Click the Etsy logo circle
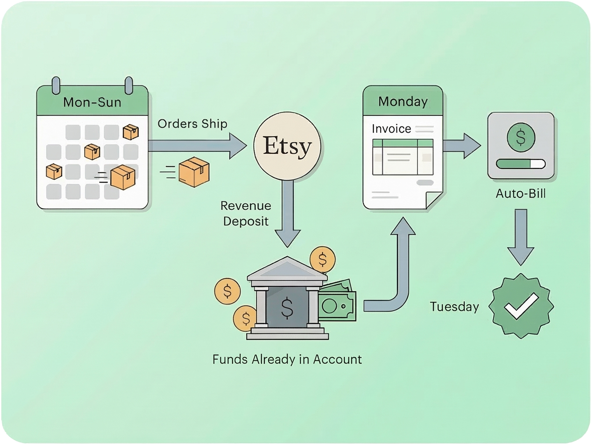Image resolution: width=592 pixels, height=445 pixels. [x=288, y=146]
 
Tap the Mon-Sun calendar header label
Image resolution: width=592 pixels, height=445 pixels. [x=92, y=102]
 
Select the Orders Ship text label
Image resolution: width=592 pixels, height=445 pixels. [x=192, y=124]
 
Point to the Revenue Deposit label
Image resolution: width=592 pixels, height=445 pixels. [x=246, y=213]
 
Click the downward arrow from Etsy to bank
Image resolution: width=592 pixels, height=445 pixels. [x=288, y=211]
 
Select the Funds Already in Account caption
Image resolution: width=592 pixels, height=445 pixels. [x=287, y=360]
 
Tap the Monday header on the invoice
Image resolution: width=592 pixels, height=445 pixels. [x=403, y=102]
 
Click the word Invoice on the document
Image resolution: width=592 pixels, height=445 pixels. [x=391, y=129]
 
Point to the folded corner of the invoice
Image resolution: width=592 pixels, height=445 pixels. [x=434, y=200]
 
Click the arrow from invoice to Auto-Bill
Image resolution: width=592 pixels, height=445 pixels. [x=462, y=145]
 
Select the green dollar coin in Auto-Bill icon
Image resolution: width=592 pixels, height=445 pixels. [x=521, y=137]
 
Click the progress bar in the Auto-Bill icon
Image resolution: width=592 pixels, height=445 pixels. [x=521, y=164]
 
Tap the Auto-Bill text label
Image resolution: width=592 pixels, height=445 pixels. [x=521, y=193]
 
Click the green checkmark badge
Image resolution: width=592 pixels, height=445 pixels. [x=521, y=306]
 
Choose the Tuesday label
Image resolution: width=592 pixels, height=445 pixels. [x=454, y=307]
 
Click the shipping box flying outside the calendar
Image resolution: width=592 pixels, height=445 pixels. [x=194, y=172]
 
